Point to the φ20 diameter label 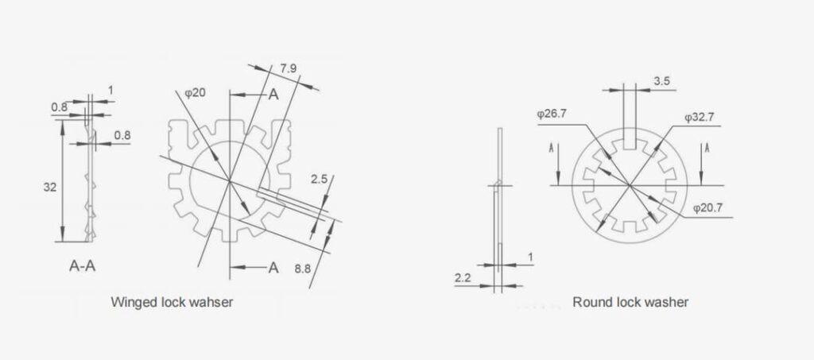point(195,93)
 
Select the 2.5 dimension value point(319,180)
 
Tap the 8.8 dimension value point(303,269)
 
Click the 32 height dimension point(48,187)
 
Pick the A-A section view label point(81,265)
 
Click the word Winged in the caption point(132,302)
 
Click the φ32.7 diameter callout point(700,117)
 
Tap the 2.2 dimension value point(463,277)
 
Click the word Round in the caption point(589,302)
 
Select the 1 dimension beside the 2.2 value point(530,258)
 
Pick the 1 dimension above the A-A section point(110,91)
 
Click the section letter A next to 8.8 point(273,267)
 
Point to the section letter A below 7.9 point(273,94)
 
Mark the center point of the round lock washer point(629,185)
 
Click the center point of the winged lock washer point(229,182)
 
